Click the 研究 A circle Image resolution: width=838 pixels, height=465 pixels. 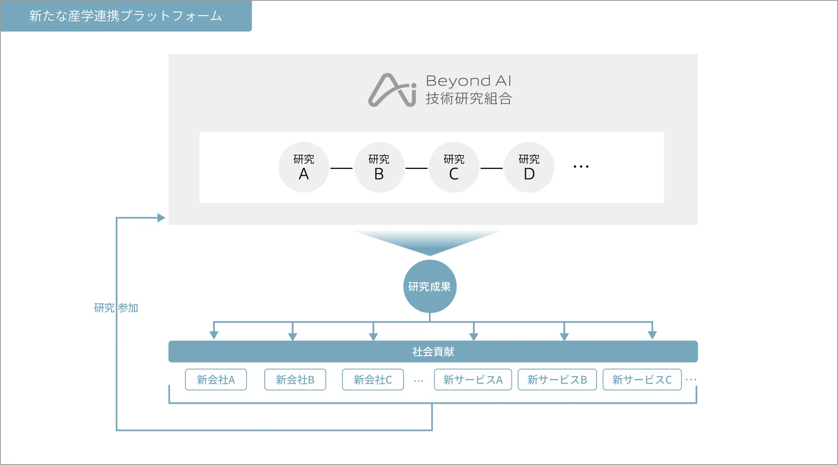coord(304,167)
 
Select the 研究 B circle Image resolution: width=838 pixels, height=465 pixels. coord(379,167)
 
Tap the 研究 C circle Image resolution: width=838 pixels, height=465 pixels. coord(454,167)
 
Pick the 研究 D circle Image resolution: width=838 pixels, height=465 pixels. coord(529,167)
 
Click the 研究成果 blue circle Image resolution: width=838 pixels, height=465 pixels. coord(430,286)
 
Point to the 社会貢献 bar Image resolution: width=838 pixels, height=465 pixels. coord(433,351)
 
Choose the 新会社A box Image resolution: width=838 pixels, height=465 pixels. coord(216,379)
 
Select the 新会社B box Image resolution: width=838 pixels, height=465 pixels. coord(295,379)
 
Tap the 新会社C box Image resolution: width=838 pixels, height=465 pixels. coord(373,379)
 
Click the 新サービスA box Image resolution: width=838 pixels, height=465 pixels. coord(473,379)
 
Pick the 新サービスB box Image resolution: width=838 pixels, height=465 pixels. coord(557,379)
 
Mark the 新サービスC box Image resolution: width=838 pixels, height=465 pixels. coord(642,379)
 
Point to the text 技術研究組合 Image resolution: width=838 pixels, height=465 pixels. coord(469,99)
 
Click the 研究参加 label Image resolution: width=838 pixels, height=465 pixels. coord(116,308)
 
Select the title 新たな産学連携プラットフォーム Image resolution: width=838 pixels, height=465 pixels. coord(126,16)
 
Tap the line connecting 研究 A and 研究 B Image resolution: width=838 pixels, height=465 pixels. coord(341,168)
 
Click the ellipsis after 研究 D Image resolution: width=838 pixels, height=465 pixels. coord(581,167)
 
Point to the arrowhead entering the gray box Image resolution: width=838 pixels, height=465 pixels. coord(161,218)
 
